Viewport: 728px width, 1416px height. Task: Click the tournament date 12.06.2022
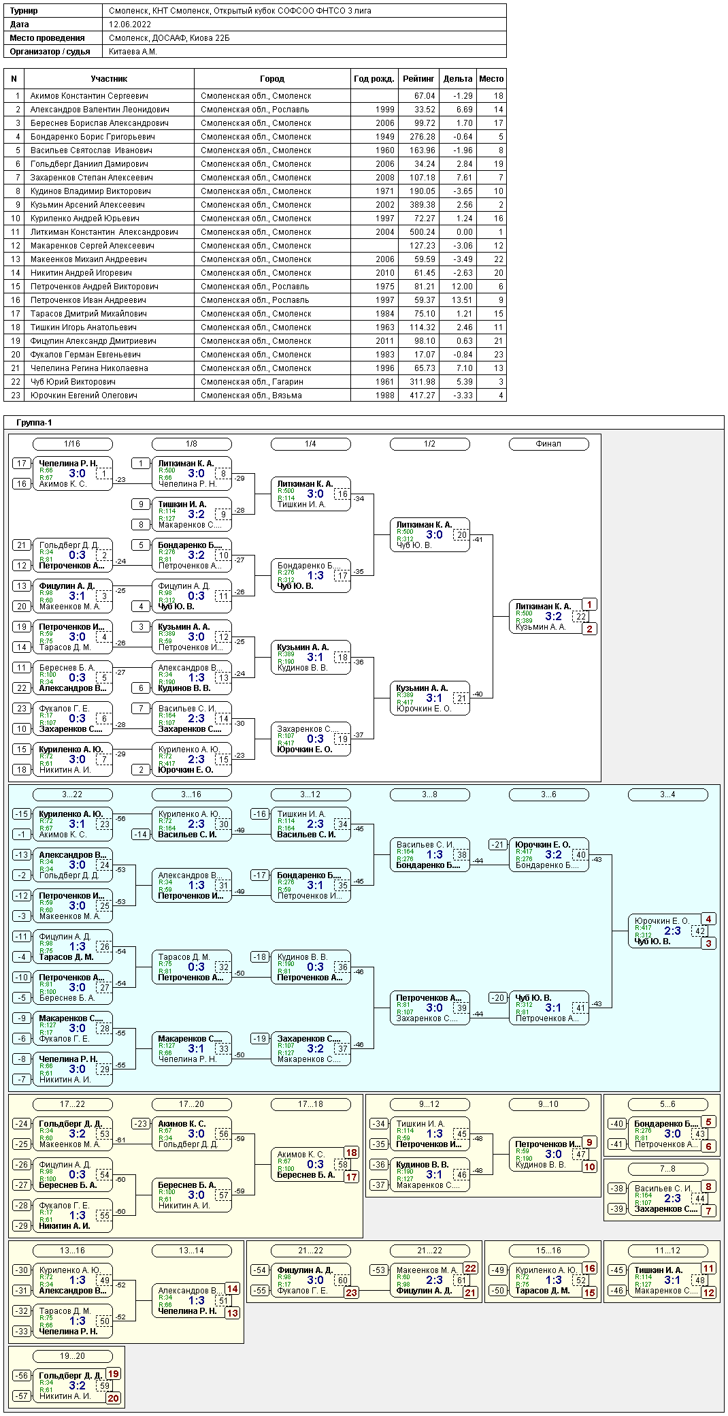[x=130, y=25]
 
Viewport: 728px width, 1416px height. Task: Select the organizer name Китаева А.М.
[x=133, y=52]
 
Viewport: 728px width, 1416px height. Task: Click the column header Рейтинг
[x=418, y=79]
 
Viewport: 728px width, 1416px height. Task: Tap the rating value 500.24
[x=422, y=232]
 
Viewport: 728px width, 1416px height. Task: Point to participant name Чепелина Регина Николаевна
[x=89, y=368]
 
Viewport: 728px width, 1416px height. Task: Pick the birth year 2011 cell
[x=384, y=341]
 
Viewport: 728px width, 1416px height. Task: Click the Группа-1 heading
[x=34, y=423]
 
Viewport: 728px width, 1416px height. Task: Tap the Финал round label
[x=548, y=444]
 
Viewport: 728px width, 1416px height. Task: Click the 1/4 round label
[x=310, y=444]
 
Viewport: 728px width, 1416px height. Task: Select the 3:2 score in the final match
[x=553, y=616]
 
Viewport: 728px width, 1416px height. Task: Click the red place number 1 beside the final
[x=590, y=605]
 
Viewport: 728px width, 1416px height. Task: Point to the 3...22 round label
[x=72, y=794]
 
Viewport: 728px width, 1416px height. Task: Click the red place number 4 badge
[x=708, y=919]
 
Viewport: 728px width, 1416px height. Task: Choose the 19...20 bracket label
[x=72, y=1356]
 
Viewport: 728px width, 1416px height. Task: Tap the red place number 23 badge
[x=351, y=1293]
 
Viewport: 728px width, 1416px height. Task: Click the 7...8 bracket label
[x=667, y=1169]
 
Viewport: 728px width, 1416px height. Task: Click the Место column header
[x=491, y=79]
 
